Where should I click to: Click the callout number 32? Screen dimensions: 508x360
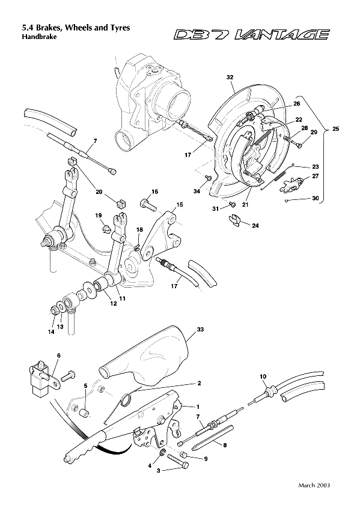tap(230, 78)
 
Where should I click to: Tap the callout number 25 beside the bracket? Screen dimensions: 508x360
tap(335, 129)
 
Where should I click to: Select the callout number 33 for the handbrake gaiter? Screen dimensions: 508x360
tap(200, 329)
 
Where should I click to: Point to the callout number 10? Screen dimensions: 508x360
tap(263, 376)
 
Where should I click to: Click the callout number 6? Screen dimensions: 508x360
tap(59, 356)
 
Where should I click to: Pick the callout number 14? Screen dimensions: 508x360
tap(52, 331)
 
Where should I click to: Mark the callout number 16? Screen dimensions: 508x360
tap(154, 192)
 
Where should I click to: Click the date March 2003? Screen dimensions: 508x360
tap(314, 485)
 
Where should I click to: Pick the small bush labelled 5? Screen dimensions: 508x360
tap(85, 413)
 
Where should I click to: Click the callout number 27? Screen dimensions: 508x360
tap(315, 176)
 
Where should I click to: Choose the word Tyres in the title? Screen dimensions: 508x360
tap(118, 28)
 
